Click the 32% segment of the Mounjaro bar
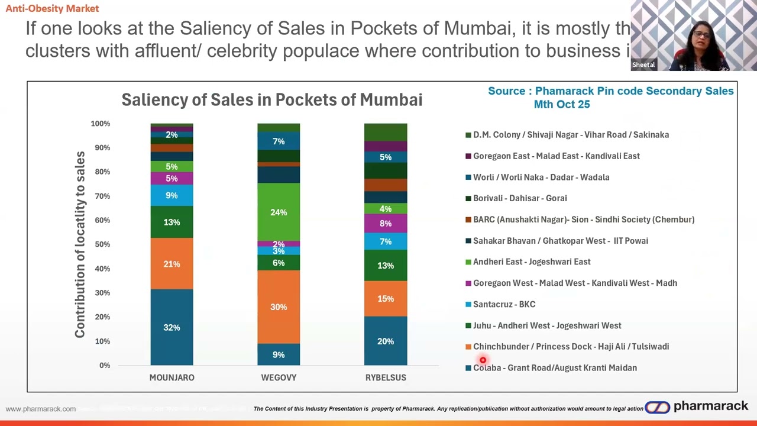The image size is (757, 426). tap(172, 327)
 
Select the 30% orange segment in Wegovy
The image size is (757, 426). tap(279, 307)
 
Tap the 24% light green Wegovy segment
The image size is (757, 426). tap(279, 212)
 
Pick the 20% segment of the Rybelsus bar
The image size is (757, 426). tap(386, 341)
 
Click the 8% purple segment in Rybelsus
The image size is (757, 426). tap(386, 223)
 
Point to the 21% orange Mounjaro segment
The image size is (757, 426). tap(172, 264)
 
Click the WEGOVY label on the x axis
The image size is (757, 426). tap(279, 377)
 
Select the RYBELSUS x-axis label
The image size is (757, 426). tap(386, 377)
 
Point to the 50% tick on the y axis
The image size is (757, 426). tap(100, 244)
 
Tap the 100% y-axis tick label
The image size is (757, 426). tap(100, 124)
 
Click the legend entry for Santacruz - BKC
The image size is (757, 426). tap(504, 304)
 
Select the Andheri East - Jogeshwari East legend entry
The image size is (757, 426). tap(531, 262)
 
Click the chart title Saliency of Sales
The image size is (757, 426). tap(271, 100)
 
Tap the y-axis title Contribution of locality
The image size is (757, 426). tap(80, 244)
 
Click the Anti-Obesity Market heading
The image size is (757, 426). tap(52, 8)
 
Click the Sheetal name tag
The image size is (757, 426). tap(643, 65)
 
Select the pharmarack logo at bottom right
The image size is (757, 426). tap(697, 406)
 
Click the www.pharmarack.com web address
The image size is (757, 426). tap(41, 409)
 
